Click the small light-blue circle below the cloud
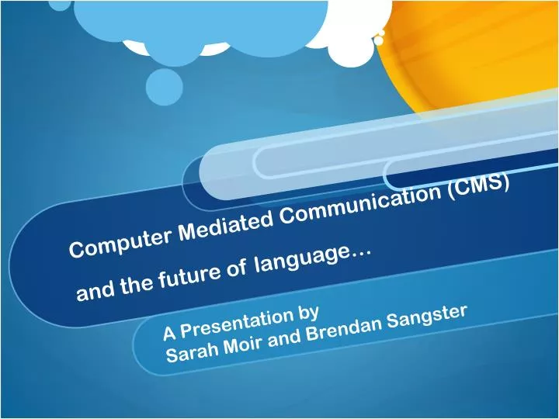click(x=165, y=87)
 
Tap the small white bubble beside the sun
click(x=380, y=40)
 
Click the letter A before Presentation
click(x=170, y=333)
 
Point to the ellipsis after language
click(x=361, y=255)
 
